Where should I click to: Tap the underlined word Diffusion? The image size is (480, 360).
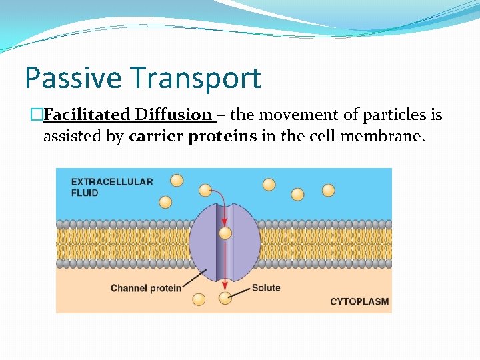point(173,115)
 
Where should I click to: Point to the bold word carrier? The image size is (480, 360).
point(156,137)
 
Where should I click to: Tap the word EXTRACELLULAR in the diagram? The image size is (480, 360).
point(112,181)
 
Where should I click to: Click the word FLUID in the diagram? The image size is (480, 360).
point(85,193)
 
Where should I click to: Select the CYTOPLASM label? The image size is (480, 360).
point(359,302)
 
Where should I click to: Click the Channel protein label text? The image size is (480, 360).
point(145,289)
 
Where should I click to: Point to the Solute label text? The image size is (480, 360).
point(266,288)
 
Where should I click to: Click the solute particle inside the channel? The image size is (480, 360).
point(225,233)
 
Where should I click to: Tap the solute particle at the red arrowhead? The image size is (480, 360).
point(225,298)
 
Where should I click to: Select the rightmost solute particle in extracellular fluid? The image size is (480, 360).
point(329,190)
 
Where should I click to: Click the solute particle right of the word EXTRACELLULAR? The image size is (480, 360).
point(177,180)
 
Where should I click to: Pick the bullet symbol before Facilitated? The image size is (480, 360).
point(37,115)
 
